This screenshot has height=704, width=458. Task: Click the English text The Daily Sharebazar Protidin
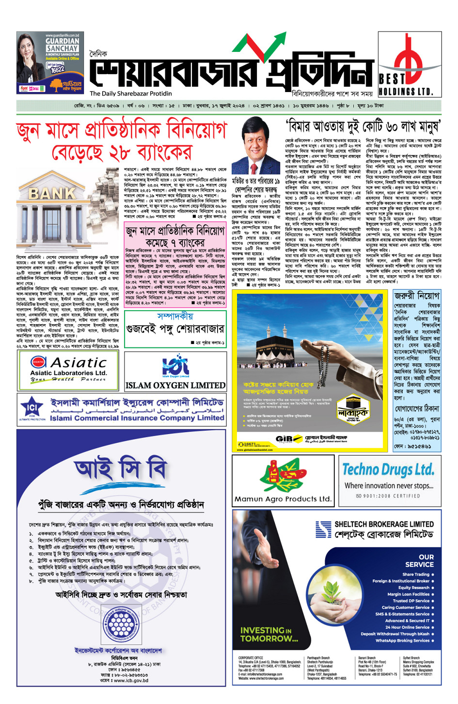(x=131, y=94)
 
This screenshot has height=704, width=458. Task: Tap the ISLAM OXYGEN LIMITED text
(x=175, y=386)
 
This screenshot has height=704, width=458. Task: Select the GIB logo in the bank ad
(x=284, y=438)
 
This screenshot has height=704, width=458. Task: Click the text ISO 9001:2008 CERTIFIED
(x=388, y=496)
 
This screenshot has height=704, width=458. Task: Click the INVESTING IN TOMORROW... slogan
(x=269, y=634)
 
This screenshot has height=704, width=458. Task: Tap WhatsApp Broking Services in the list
(x=402, y=641)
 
